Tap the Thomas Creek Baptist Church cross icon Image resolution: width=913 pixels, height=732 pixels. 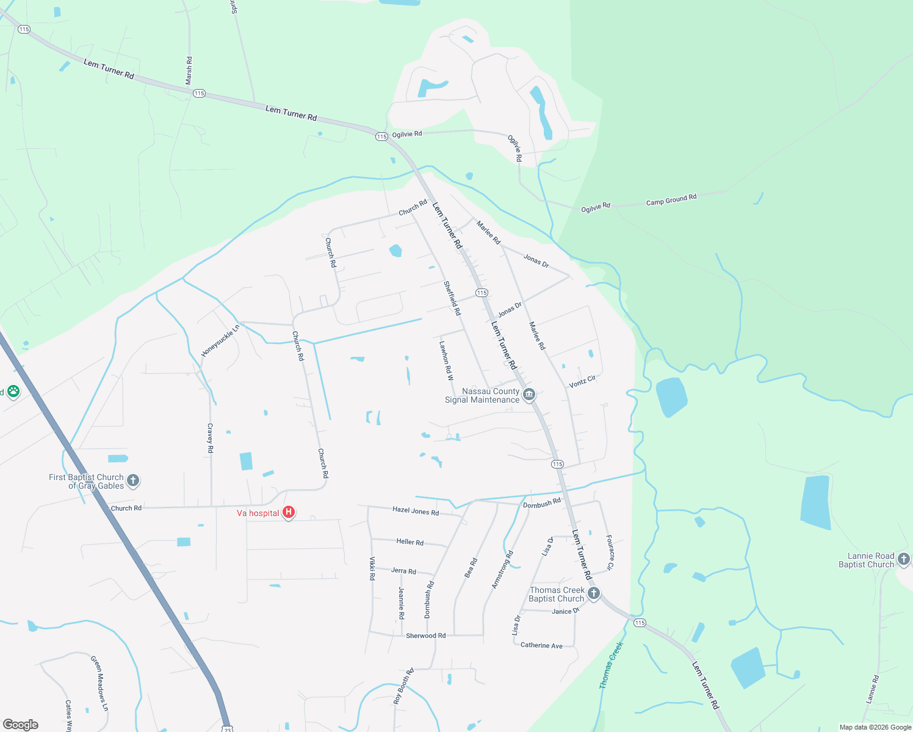pos(593,593)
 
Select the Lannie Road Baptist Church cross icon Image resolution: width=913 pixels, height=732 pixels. pos(903,558)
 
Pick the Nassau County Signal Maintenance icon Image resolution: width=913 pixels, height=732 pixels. pos(529,394)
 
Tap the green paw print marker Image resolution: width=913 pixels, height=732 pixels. pos(13,391)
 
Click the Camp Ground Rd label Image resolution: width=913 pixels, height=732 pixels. pos(671,200)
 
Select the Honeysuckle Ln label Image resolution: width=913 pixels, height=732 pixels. pos(220,340)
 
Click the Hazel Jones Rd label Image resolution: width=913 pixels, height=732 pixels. pos(415,511)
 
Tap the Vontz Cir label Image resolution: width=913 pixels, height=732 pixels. pos(582,382)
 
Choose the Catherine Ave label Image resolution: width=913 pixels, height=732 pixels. pos(541,645)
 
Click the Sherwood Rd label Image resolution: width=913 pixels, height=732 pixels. pos(425,636)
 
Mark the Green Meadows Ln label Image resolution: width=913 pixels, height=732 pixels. pos(99,683)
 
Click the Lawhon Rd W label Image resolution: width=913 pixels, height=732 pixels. pos(446,360)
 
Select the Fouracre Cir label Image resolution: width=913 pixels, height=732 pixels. pos(610,553)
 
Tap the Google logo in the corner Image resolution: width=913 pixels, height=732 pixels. pos(20,725)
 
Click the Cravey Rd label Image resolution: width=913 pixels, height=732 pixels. pos(210,438)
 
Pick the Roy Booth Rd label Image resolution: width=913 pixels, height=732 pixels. pos(403,686)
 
